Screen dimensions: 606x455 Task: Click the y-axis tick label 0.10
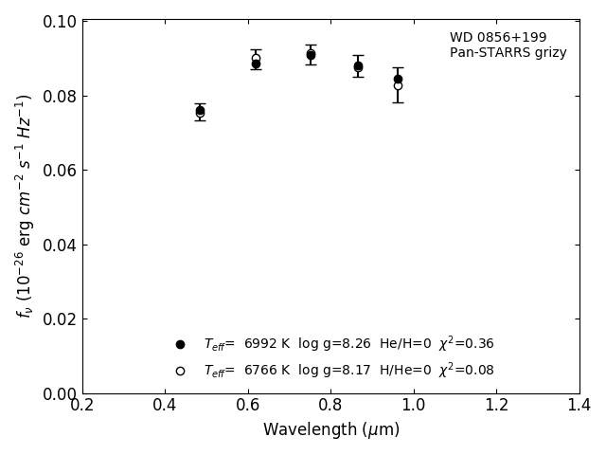(x=59, y=22)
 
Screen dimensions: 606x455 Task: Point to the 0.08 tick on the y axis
(x=59, y=97)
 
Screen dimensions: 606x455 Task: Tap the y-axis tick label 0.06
(x=59, y=171)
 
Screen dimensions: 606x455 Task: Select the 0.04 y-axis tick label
(x=59, y=246)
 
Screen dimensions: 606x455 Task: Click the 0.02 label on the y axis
(x=59, y=319)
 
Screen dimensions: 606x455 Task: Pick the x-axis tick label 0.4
(x=165, y=405)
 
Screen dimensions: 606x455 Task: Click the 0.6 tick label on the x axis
(x=248, y=405)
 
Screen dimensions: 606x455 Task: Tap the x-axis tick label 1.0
(x=414, y=405)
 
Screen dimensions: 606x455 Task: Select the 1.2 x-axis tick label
(x=496, y=405)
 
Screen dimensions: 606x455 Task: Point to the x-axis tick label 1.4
(x=579, y=405)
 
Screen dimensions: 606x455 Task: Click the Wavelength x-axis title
(x=331, y=429)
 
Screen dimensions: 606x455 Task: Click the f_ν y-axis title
(x=24, y=207)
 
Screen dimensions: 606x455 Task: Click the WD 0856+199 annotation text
(x=498, y=38)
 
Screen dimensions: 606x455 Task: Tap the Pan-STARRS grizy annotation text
(x=508, y=52)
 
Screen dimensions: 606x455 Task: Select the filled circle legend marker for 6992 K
(x=180, y=344)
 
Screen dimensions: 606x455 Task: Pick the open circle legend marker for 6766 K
(x=180, y=371)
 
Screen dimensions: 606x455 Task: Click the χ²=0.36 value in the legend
(x=466, y=343)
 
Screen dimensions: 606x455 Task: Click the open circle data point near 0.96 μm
(x=398, y=85)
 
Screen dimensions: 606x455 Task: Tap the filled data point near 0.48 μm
(x=200, y=110)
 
